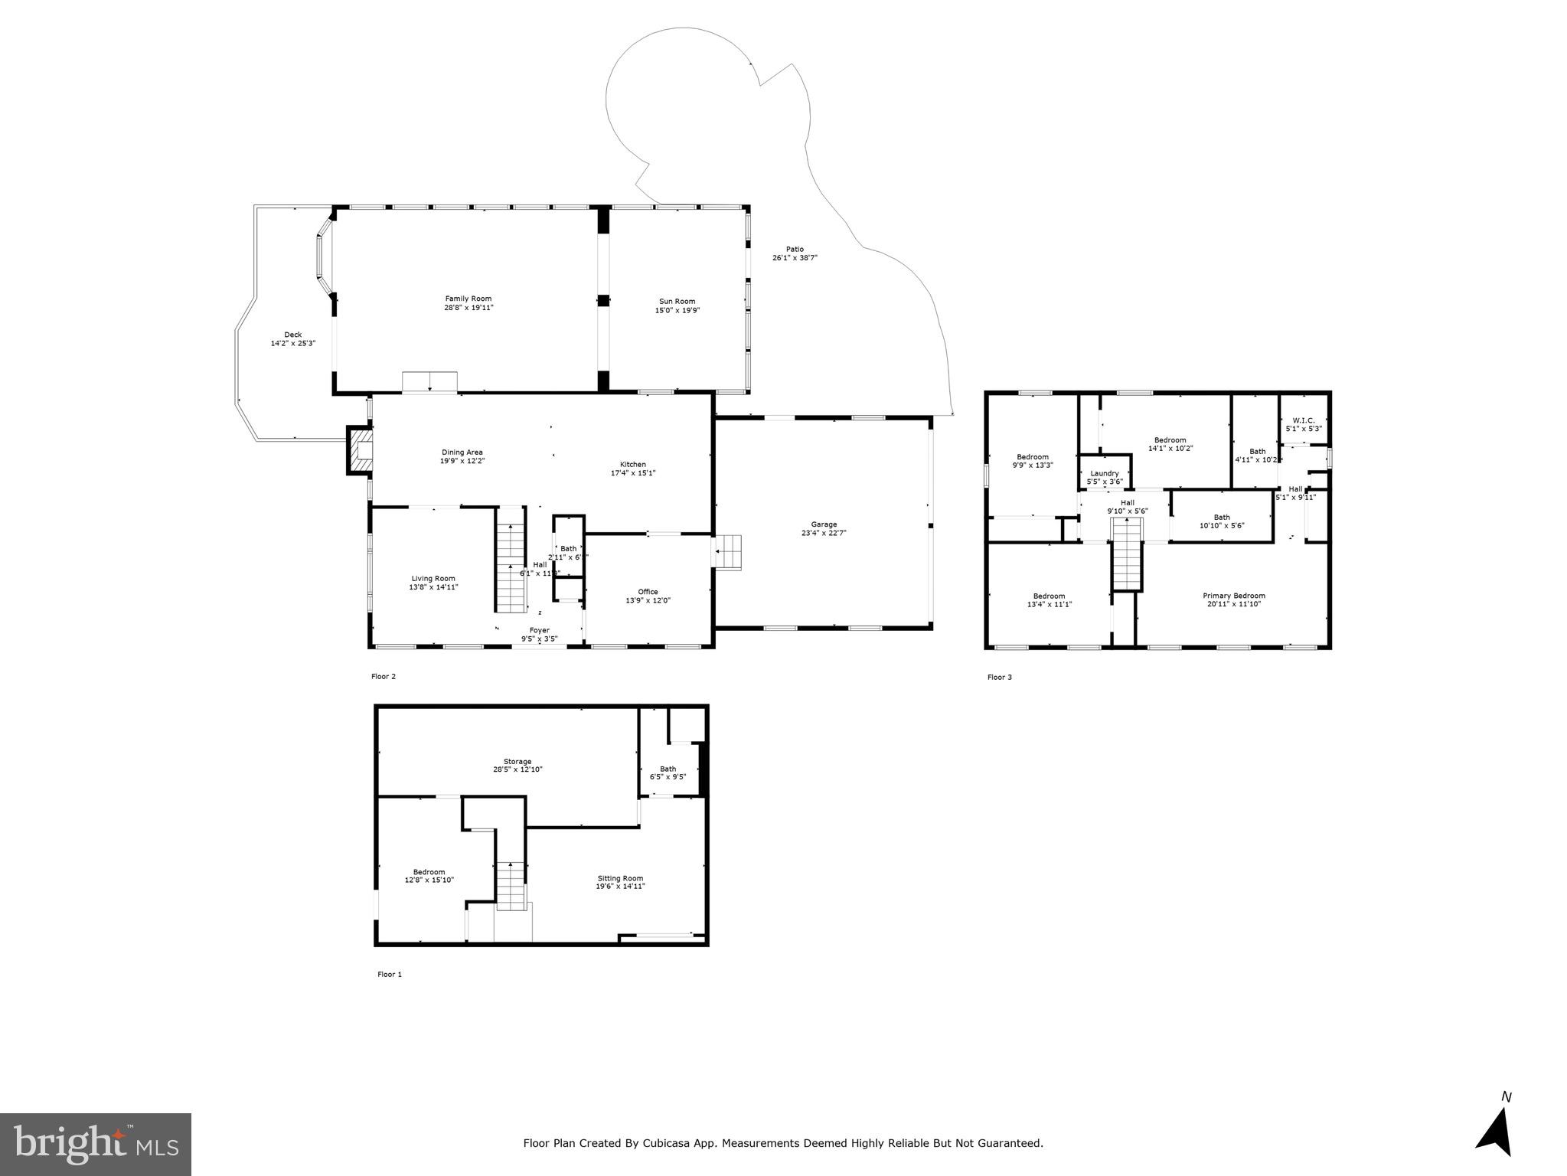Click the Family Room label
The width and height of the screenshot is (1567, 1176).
click(x=468, y=299)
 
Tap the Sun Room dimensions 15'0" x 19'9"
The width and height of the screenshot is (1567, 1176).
click(x=677, y=310)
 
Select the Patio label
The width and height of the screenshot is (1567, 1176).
click(x=795, y=249)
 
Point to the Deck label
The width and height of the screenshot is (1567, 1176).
click(x=292, y=335)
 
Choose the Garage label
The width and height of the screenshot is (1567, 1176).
click(x=824, y=524)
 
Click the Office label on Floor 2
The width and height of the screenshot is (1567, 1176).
click(x=648, y=592)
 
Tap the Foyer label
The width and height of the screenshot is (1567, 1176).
click(x=539, y=630)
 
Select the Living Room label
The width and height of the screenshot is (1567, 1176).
click(x=433, y=579)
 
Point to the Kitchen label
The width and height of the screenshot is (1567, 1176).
click(x=632, y=465)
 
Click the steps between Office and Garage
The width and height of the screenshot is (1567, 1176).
click(x=729, y=551)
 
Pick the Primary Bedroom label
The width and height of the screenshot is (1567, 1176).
click(x=1233, y=596)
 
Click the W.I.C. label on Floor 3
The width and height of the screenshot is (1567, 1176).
click(x=1303, y=420)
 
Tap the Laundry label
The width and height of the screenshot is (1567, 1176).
click(x=1105, y=473)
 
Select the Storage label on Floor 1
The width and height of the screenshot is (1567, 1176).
click(x=517, y=761)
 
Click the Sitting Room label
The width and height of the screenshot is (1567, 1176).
click(x=620, y=878)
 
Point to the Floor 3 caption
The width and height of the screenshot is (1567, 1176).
click(x=999, y=677)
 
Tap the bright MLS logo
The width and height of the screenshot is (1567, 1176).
click(x=96, y=1145)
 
